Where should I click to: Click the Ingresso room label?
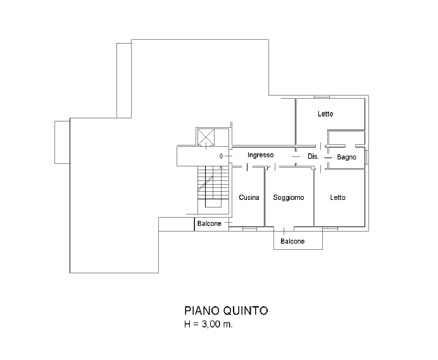260,155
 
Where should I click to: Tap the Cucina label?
249,197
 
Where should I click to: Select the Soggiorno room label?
289,198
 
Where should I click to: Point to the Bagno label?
346,158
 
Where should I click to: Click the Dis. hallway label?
313,156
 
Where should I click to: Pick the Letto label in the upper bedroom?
325,114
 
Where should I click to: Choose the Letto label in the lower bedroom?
338,198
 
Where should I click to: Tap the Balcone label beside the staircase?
210,223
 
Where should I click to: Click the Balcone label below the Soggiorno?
292,241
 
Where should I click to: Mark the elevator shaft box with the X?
206,137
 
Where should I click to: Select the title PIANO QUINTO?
226,311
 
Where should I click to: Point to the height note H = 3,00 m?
208,324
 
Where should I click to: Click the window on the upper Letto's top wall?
322,97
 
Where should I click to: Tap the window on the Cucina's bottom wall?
249,229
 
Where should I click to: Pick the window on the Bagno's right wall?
367,158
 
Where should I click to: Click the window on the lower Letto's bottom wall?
330,229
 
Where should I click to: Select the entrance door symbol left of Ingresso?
222,156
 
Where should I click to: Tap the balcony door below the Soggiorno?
284,231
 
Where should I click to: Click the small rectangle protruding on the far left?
62,142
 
